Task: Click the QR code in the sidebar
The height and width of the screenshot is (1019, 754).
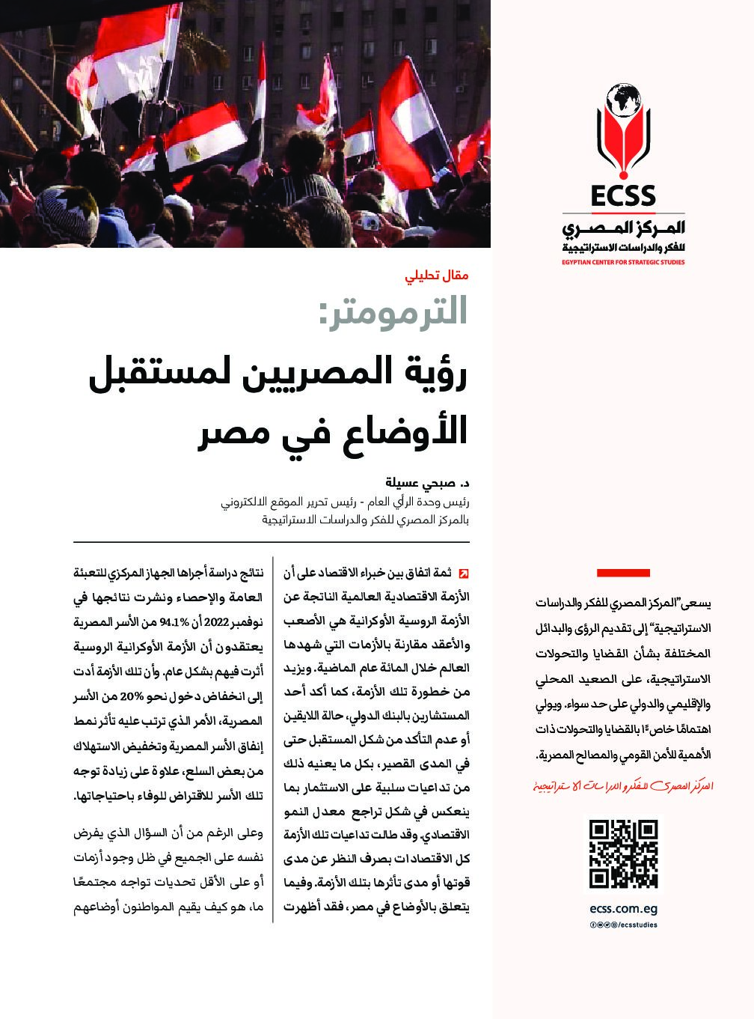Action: point(623,854)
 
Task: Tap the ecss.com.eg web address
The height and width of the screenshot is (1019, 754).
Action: point(623,910)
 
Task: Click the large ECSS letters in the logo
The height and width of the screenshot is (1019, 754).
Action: point(622,196)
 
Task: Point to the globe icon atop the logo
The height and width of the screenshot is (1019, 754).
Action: point(622,97)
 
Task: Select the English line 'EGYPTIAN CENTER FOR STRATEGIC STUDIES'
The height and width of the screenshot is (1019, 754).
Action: point(622,262)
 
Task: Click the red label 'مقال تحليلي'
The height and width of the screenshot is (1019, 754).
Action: point(436,275)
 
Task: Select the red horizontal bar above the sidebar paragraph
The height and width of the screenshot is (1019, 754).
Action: point(622,574)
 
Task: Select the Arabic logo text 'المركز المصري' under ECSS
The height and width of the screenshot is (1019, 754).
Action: point(622,227)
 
